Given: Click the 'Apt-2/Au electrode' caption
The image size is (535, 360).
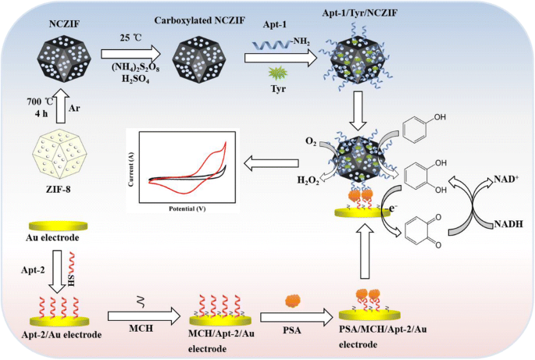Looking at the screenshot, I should click(x=60, y=335).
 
